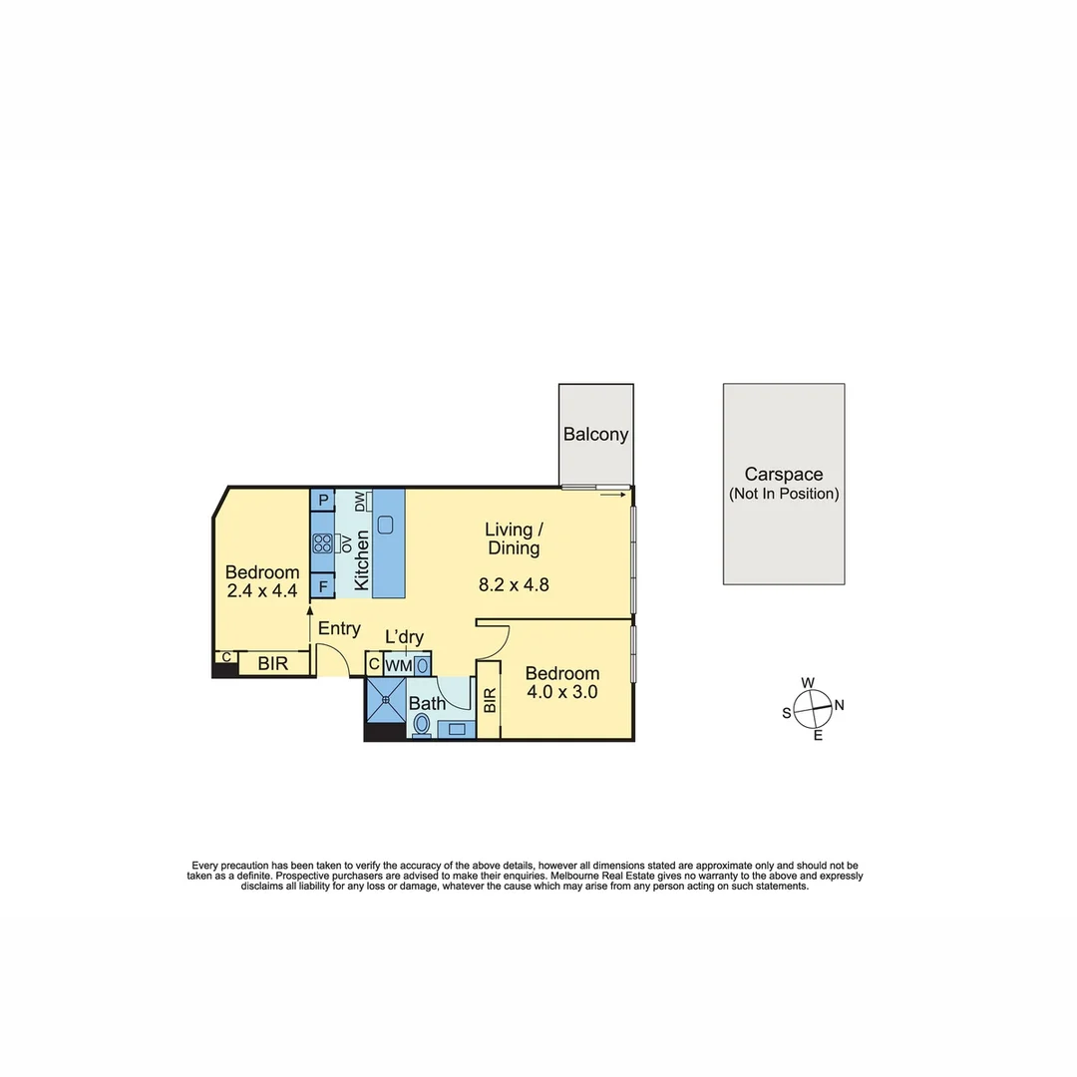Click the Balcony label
(595, 434)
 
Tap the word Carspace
(783, 476)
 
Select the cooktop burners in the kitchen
(322, 543)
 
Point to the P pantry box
(323, 500)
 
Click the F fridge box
(323, 586)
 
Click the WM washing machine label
(398, 664)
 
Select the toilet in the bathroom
(422, 724)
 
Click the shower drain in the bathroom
(384, 699)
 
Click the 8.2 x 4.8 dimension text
(514, 585)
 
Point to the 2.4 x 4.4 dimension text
(261, 591)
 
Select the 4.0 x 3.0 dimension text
(562, 692)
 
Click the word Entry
(339, 628)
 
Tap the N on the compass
(839, 705)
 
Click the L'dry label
(404, 637)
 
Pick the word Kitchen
(361, 560)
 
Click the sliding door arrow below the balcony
(613, 494)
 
